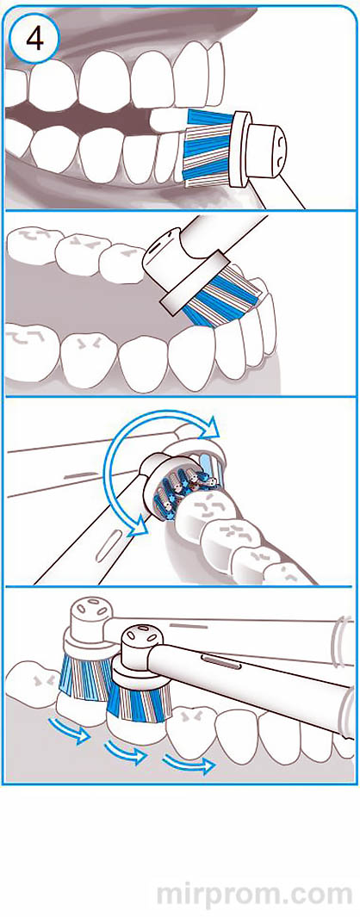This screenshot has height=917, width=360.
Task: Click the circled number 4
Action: [x=34, y=38]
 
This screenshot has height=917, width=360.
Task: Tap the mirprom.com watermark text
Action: [x=255, y=895]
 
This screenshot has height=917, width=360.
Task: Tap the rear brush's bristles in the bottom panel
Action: [x=85, y=675]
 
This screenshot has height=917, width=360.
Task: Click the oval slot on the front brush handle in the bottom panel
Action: [x=220, y=663]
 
